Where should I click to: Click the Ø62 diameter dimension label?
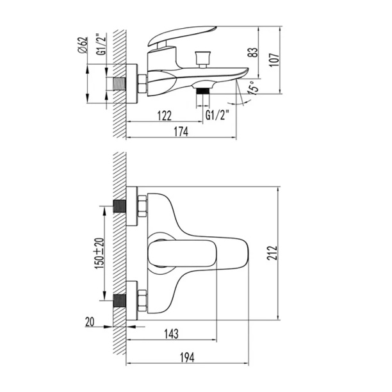(x=83, y=45)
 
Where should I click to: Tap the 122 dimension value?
(x=164, y=115)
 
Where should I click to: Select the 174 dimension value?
(x=181, y=132)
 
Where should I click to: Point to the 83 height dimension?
(x=253, y=52)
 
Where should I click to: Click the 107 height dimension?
(x=274, y=60)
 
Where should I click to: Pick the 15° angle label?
(x=252, y=87)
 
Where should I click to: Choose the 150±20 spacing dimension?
(x=99, y=253)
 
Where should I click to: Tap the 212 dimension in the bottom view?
(x=272, y=253)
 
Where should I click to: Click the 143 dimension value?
(x=171, y=334)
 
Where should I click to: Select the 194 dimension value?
(x=187, y=357)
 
